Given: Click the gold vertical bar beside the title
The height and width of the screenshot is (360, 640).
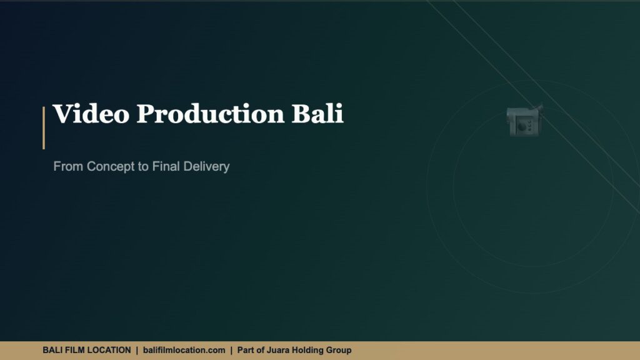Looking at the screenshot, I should pos(44,127).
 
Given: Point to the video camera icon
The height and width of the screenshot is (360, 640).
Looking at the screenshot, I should pos(524,120).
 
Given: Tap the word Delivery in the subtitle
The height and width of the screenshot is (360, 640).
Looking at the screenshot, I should pos(206,167).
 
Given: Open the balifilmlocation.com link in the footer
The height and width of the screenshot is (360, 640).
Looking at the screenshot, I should pos(184,351).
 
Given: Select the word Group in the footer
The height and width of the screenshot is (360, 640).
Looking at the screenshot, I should pos(339,351).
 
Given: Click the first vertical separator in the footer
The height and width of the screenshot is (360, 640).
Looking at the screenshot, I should pos(137,351).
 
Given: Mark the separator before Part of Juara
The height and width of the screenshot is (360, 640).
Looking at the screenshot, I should pos(231,351).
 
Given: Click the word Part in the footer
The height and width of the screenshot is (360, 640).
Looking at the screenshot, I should pos(246,351).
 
